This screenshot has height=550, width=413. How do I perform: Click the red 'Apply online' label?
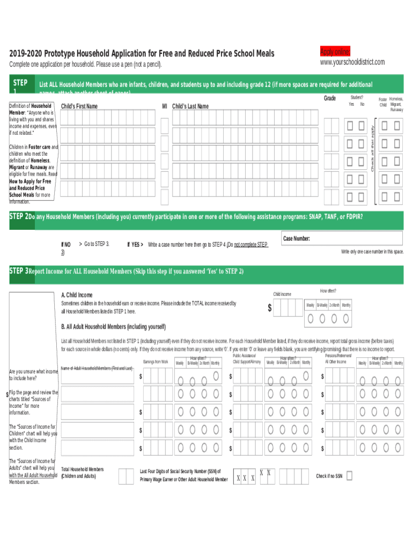pos(335,52)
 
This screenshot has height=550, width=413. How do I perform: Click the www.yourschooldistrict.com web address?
pos(352,62)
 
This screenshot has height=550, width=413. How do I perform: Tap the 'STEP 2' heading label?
pos(19,216)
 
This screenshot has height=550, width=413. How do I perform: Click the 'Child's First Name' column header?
pos(79,106)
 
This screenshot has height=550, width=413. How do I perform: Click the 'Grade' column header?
pos(330,98)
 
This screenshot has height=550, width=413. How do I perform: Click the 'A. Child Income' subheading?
pos(77,295)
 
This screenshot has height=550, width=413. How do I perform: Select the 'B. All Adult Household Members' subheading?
pos(114,327)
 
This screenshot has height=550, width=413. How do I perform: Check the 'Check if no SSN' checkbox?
pos(350,475)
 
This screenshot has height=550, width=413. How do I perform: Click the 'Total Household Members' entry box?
pos(126,476)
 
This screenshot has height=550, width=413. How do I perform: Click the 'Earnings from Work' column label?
pos(156,361)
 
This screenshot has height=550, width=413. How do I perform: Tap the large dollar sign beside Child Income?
pos(270,308)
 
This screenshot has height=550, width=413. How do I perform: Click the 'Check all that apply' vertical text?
pos(371,146)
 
